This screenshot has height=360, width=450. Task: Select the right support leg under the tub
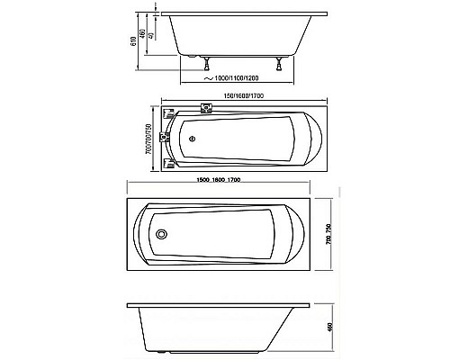coord(285,64)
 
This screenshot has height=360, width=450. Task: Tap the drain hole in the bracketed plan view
coord(190,139)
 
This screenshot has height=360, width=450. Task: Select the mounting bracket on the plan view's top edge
coord(205,110)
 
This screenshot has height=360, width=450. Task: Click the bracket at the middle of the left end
coord(166,139)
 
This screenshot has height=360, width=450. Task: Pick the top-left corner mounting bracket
coord(168,114)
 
